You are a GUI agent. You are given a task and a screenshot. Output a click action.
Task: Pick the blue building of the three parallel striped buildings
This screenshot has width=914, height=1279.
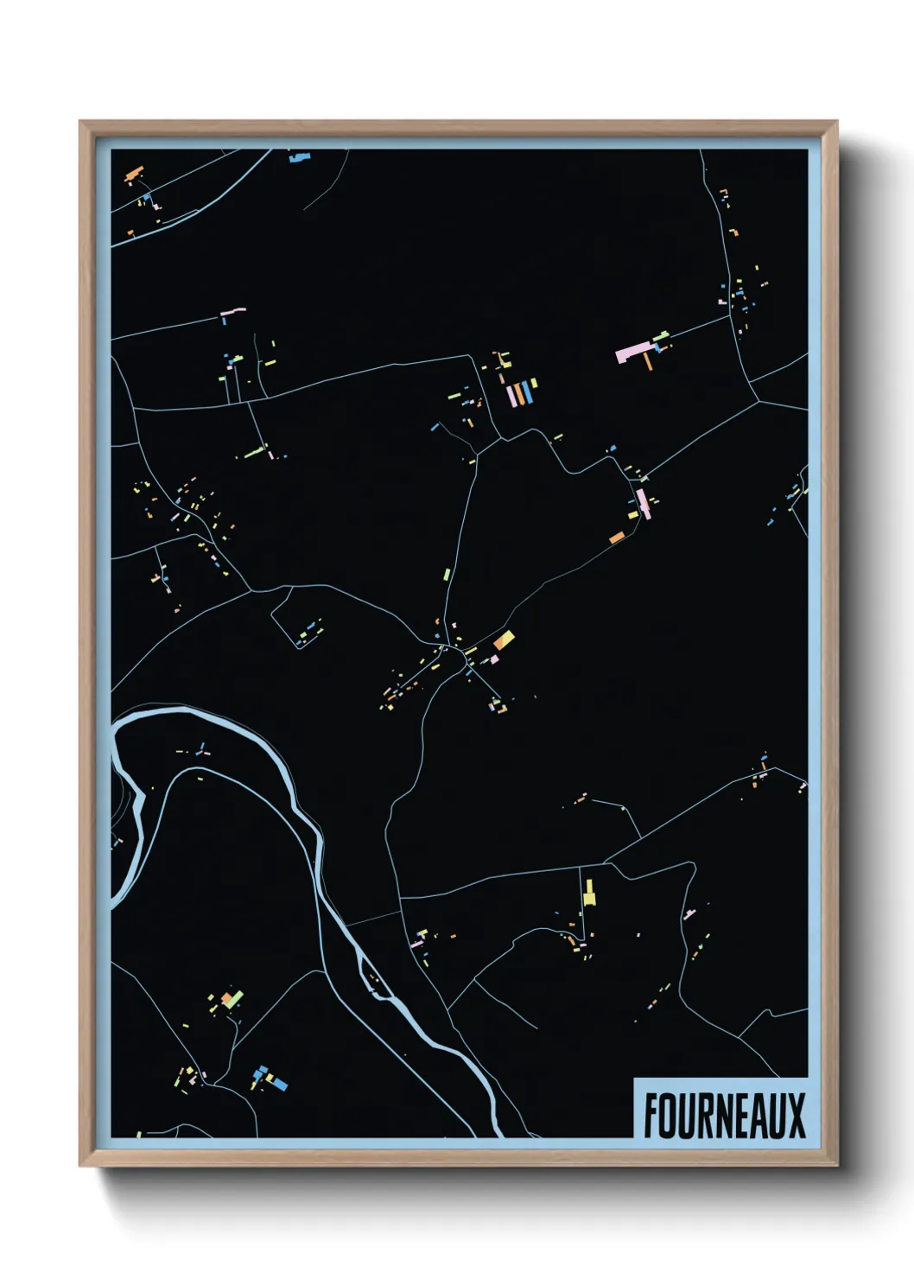click(526, 393)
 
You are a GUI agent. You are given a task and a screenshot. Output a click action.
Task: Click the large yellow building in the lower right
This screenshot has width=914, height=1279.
click(589, 893)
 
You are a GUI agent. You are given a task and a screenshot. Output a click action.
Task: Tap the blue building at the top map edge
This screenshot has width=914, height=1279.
click(298, 157)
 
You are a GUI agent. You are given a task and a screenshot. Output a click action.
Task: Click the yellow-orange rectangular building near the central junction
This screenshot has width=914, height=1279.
click(504, 639)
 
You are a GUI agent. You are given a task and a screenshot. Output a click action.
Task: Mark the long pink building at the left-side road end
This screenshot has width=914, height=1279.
click(233, 310)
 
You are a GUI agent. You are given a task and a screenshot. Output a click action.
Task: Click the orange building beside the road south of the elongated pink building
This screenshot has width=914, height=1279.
click(617, 538)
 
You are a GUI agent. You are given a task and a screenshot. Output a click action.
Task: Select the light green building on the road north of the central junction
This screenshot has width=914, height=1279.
click(447, 573)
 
